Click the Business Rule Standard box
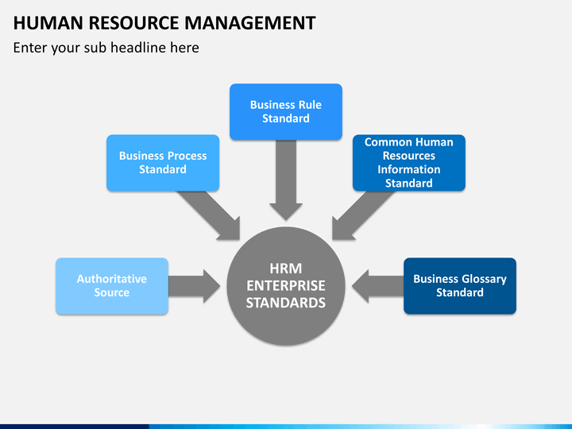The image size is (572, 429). click(286, 112)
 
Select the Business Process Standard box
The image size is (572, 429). click(163, 163)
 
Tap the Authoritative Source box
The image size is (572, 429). click(112, 286)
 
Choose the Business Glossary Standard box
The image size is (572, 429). click(460, 286)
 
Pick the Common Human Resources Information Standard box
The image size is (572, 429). click(409, 163)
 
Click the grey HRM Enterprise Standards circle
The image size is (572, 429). click(286, 286)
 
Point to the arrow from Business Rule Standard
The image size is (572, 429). click(286, 180)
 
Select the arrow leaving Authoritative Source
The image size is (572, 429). click(194, 286)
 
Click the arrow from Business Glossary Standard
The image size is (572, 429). click(377, 286)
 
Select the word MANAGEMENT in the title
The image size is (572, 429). click(250, 23)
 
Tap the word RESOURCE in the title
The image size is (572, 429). click(134, 23)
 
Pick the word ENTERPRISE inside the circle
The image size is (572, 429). click(286, 286)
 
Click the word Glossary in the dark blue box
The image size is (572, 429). click(483, 280)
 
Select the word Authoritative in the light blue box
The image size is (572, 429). click(112, 279)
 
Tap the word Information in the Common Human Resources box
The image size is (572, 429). click(409, 170)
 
